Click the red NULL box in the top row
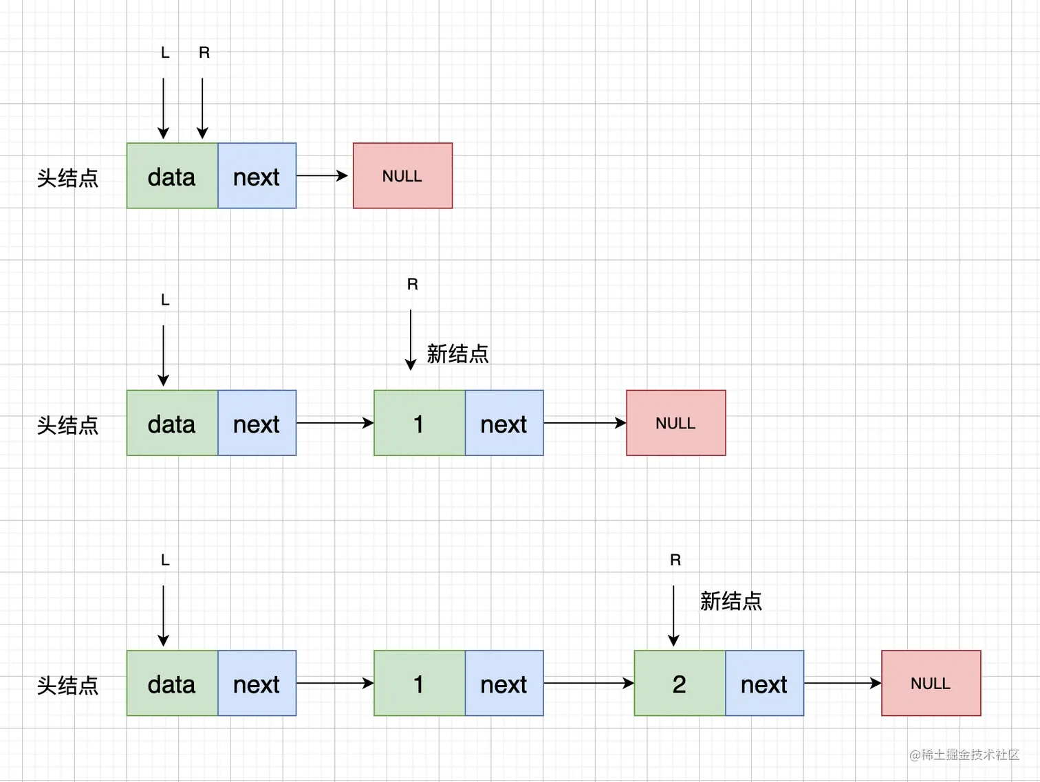pyautogui.click(x=402, y=176)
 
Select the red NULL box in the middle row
pyautogui.click(x=675, y=423)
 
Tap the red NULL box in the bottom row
pyautogui.click(x=931, y=683)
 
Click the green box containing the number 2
pyautogui.click(x=679, y=683)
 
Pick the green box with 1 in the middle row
pyautogui.click(x=419, y=423)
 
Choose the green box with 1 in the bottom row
pyautogui.click(x=419, y=683)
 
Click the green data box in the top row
pyautogui.click(x=172, y=176)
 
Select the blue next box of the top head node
pyautogui.click(x=257, y=176)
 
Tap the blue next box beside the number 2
pyautogui.click(x=764, y=683)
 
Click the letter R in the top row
pyautogui.click(x=204, y=53)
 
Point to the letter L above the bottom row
pyautogui.click(x=165, y=561)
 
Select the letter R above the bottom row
pyautogui.click(x=675, y=561)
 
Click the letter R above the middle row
pyautogui.click(x=413, y=285)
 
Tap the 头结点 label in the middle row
pyautogui.click(x=67, y=425)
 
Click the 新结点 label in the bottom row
pyautogui.click(x=730, y=601)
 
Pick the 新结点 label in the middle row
pyautogui.click(x=457, y=354)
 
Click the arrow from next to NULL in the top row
pyautogui.click(x=323, y=176)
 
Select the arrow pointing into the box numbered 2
pyautogui.click(x=588, y=683)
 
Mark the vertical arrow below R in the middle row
pyautogui.click(x=411, y=340)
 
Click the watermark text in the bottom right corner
pyautogui.click(x=964, y=754)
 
